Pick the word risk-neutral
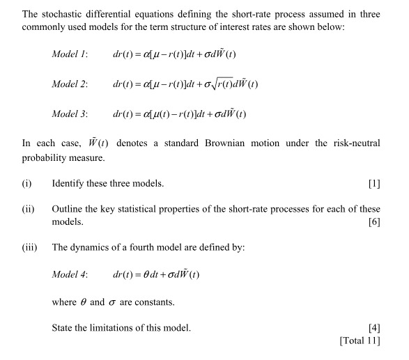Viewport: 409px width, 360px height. coord(354,143)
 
